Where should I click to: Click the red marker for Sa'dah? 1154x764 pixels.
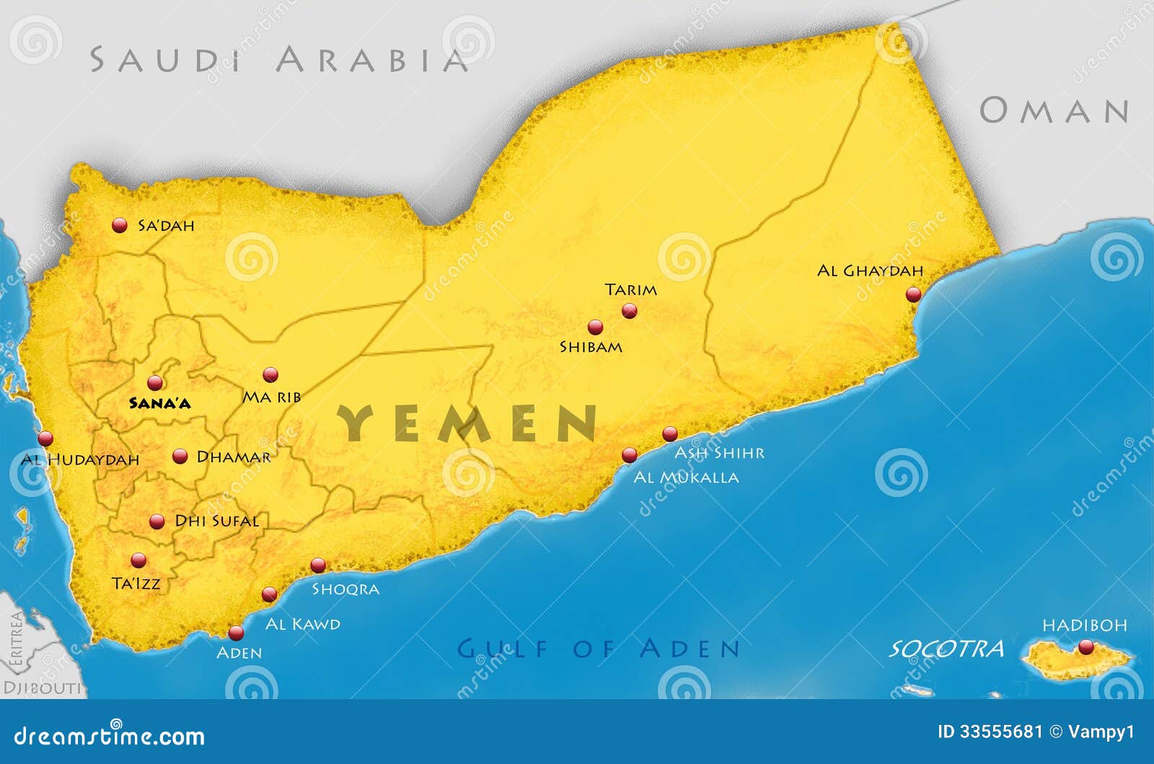tap(120, 226)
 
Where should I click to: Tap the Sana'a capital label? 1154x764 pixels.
tap(159, 403)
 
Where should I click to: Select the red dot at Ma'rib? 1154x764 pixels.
tap(270, 374)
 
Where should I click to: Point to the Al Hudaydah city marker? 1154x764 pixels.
tap(46, 438)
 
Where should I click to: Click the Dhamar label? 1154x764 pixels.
tap(234, 457)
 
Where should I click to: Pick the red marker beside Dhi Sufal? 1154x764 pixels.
tap(157, 522)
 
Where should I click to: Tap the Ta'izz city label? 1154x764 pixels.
tap(136, 583)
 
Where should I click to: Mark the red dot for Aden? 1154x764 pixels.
tap(236, 633)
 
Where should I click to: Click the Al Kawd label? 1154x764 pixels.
tap(303, 623)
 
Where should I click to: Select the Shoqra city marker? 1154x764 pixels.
tap(318, 565)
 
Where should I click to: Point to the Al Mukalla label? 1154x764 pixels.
tap(686, 477)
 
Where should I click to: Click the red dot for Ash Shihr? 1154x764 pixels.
tap(670, 434)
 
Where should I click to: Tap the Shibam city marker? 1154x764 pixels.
tap(595, 328)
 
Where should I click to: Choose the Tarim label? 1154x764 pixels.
tap(631, 290)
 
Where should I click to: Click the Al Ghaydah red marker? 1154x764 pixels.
tap(914, 294)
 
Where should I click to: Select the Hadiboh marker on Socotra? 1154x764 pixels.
tap(1085, 646)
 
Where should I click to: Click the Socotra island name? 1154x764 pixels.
tap(946, 649)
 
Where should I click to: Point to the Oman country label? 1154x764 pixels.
tap(1054, 110)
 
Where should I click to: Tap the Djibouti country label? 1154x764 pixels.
tap(42, 688)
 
